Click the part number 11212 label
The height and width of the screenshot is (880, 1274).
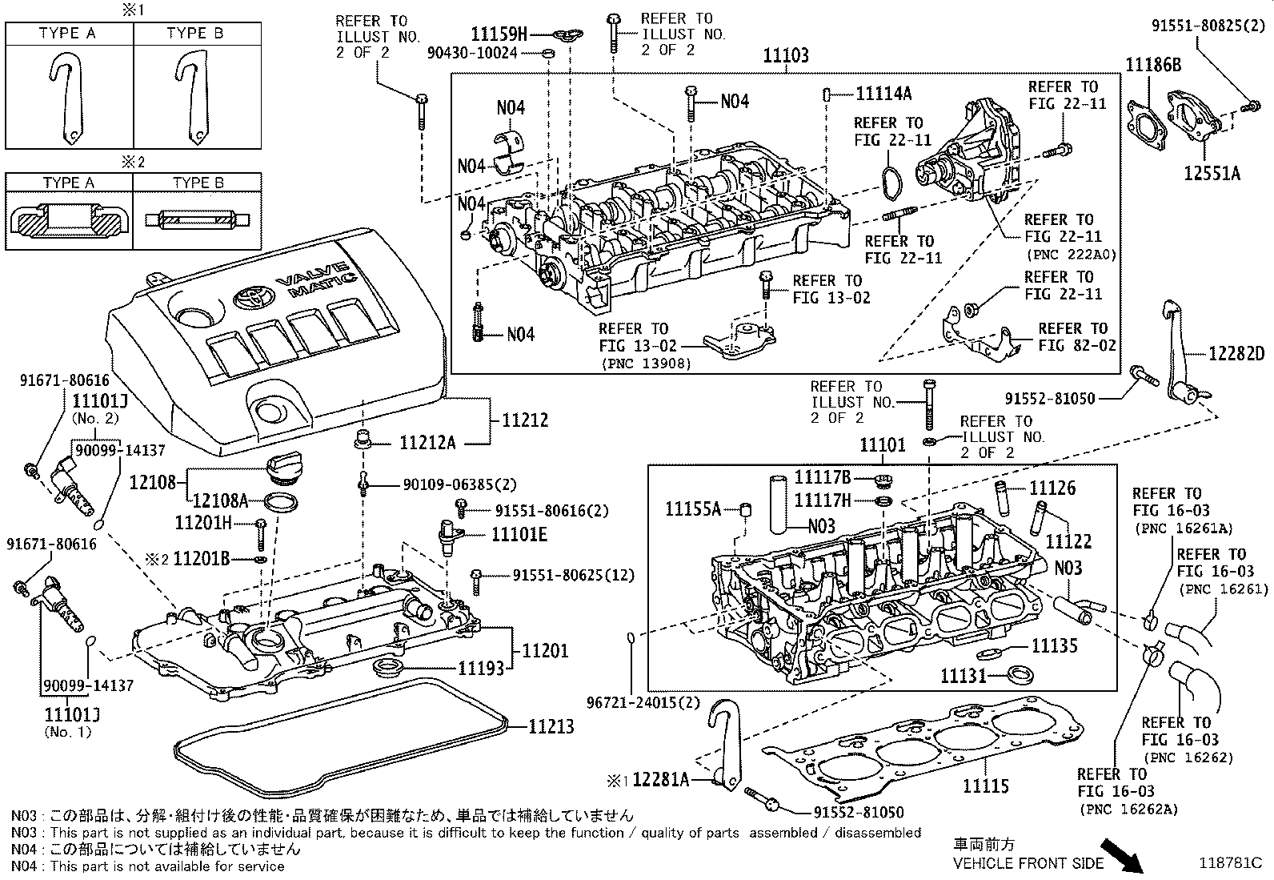[525, 420]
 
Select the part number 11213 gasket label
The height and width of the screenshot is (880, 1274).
[551, 726]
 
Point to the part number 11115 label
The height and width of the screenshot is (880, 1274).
[985, 786]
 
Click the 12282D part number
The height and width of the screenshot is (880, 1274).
[1236, 353]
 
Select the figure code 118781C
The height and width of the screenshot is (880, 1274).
[1229, 863]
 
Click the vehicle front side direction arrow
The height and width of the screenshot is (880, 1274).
[1122, 855]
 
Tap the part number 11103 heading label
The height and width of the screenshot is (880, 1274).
[785, 55]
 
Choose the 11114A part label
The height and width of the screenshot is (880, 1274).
[883, 94]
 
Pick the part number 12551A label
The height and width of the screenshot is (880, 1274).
[1212, 173]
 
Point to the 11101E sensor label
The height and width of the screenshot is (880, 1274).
[519, 534]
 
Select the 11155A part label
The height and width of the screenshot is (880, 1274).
[694, 508]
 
